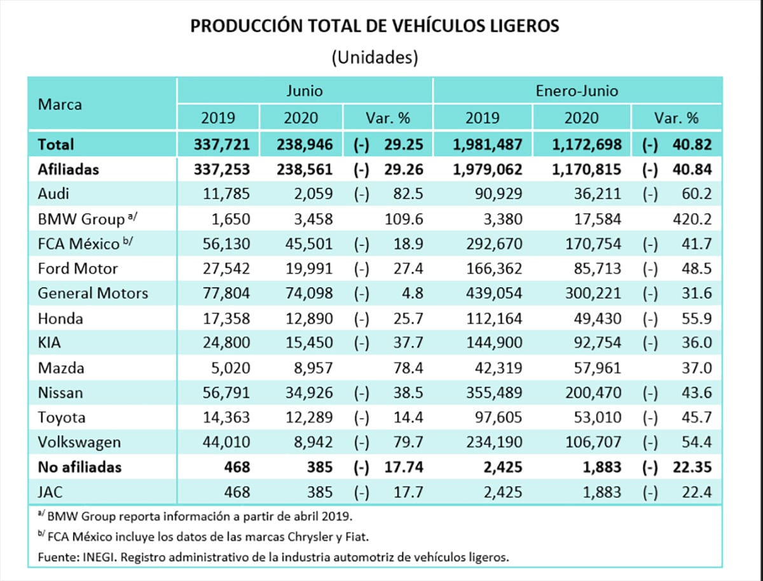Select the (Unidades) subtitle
pos(375,57)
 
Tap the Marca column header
pos(60,104)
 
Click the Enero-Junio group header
pos(577,90)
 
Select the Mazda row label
pos(61,367)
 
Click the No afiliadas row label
pos(79,467)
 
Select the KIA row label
pos(50,343)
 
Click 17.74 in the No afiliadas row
pos(404,467)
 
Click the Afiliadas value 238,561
pos(305,170)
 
